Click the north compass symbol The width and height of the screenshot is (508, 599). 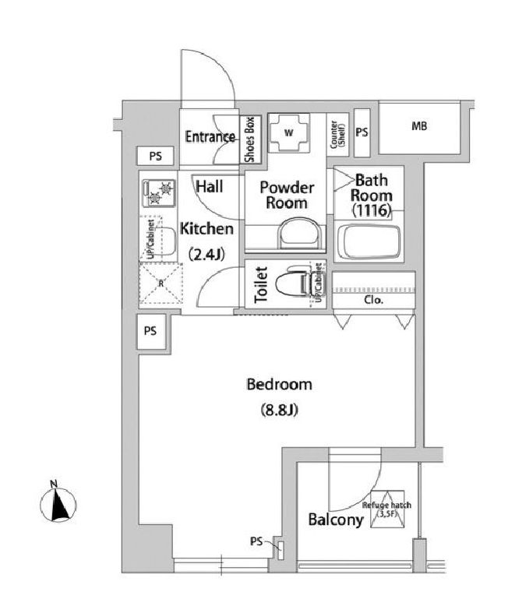pos(57,503)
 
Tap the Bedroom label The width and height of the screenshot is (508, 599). pos(279,384)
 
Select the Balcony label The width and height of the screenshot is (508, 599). pos(335,520)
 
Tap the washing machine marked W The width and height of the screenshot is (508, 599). pos(288,133)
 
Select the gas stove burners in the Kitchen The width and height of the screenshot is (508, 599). pos(159,192)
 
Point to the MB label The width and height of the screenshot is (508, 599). pos(419,127)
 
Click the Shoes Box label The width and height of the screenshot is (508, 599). pos(249,139)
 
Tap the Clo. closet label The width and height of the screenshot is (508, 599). pos(372,299)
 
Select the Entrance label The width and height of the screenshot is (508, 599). pos(210,138)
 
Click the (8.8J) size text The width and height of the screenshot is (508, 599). pos(279,410)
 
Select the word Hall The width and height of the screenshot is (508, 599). pos(210,187)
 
